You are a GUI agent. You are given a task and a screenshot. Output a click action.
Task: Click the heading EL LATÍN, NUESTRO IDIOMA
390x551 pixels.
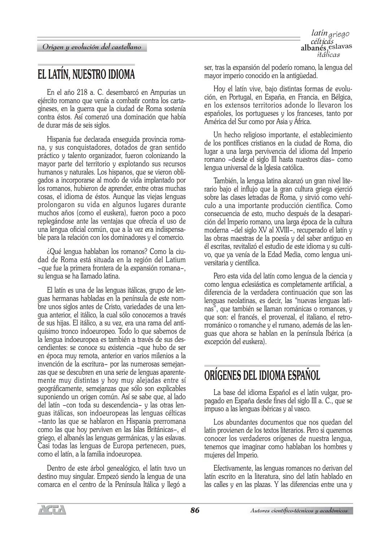(x=86, y=75)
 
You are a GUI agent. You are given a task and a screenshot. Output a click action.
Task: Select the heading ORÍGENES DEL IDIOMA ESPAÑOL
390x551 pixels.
(x=262, y=376)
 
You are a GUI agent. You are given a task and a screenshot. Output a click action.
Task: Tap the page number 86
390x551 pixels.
(x=195, y=510)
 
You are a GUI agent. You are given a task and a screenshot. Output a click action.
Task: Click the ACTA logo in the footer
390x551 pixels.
(x=52, y=510)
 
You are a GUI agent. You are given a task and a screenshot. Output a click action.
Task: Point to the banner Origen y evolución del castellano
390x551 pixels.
(x=92, y=47)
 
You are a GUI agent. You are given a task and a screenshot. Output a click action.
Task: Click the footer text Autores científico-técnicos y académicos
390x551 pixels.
(x=299, y=511)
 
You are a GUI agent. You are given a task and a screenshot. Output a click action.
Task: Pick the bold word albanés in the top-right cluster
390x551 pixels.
(x=313, y=48)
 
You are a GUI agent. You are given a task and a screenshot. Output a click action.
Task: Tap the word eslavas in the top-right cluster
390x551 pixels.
(x=340, y=47)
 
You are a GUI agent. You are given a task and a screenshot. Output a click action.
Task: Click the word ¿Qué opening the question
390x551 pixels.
(x=54, y=251)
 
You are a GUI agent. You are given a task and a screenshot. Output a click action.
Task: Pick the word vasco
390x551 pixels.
(x=302, y=409)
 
